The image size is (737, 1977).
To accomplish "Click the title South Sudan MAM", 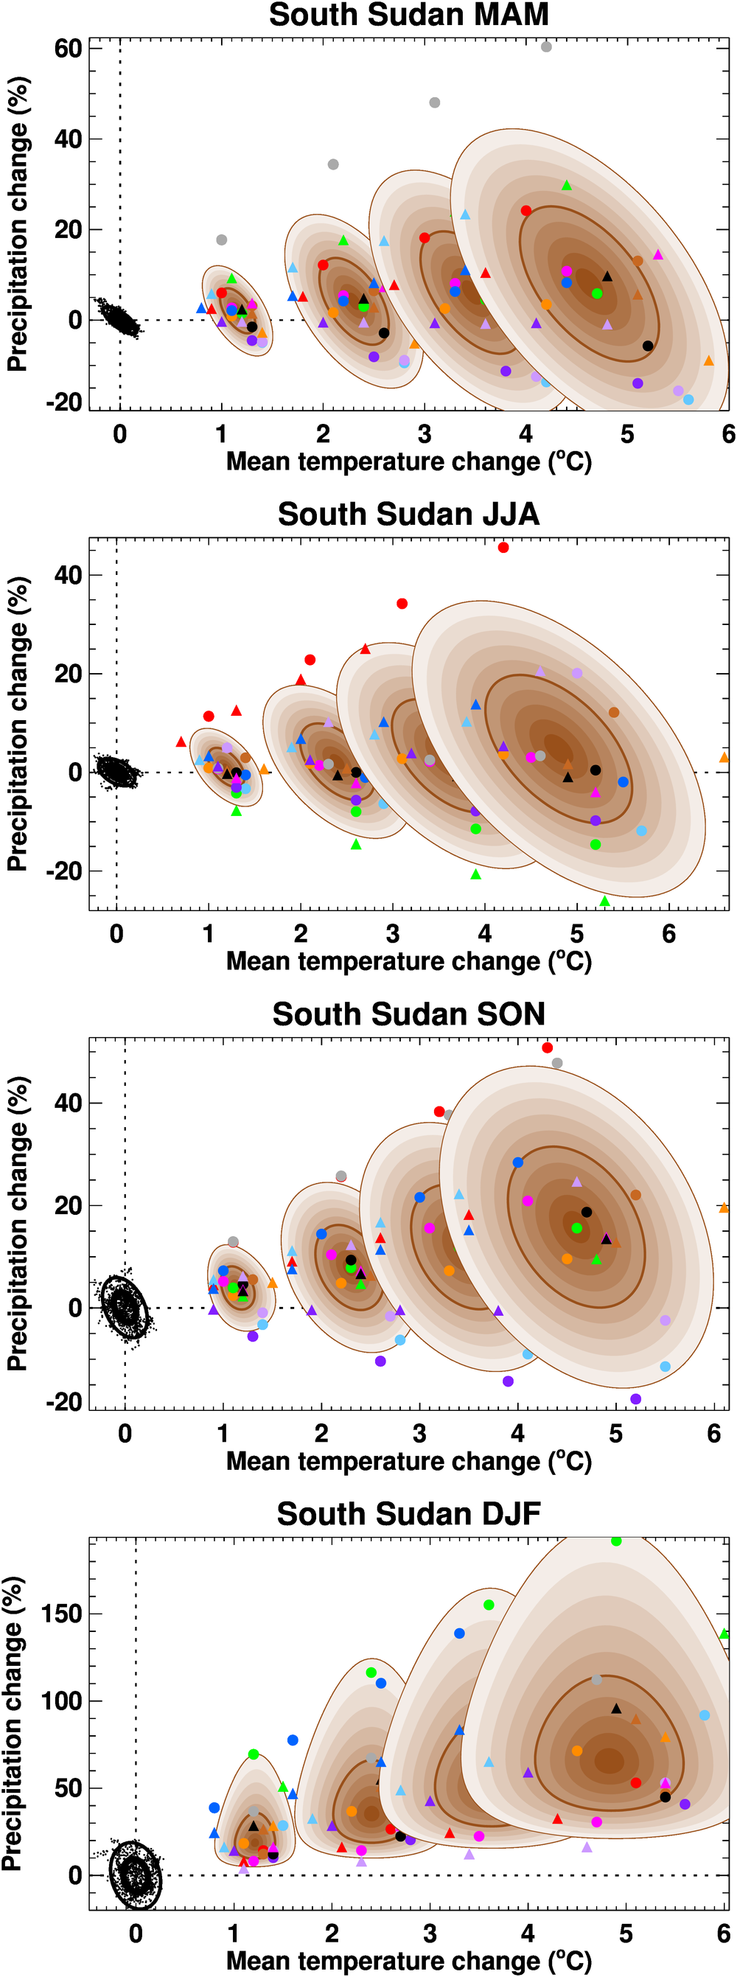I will [408, 15].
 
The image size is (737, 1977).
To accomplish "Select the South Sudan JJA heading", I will [408, 515].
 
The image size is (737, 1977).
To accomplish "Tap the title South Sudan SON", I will [408, 1014].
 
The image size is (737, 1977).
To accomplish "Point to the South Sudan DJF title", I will [408, 1513].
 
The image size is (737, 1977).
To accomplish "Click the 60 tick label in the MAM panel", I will [68, 49].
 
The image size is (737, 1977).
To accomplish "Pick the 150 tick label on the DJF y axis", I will [61, 1614].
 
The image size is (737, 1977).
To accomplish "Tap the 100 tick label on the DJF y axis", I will [61, 1701].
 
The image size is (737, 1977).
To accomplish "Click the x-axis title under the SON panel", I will [408, 1460].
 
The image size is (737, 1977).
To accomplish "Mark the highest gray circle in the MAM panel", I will [546, 47].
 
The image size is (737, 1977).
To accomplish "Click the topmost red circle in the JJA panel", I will [503, 547].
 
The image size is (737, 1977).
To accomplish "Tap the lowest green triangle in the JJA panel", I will [604, 901].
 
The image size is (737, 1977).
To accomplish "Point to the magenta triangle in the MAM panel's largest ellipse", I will [658, 255].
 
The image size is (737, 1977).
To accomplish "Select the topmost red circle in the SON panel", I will [548, 1047].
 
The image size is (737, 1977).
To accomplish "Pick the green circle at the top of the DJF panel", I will [615, 1541].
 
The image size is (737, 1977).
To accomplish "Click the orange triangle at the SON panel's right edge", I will [723, 1208].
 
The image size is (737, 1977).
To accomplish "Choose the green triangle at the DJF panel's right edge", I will [723, 1634].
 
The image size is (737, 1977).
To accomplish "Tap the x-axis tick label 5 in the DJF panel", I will [626, 1934].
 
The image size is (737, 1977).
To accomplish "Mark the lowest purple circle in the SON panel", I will [635, 1399].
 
